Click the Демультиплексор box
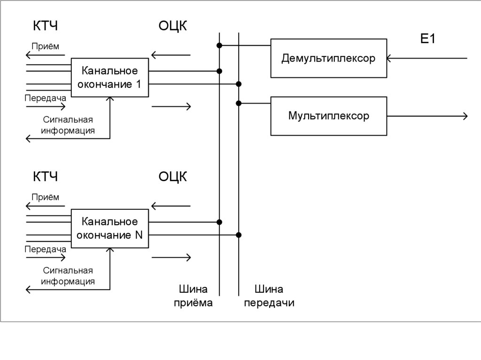coord(329,59)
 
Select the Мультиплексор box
coord(329,116)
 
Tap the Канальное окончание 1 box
coord(109,77)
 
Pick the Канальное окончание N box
coord(109,228)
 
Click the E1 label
coord(428,39)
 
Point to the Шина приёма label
coord(194,296)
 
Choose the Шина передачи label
coord(269,296)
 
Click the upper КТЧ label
coord(45,26)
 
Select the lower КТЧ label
coord(45,177)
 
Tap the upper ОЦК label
coord(172,26)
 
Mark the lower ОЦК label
coord(172,177)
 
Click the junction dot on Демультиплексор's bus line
coord(219,45)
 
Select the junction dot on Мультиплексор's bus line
coord(239,103)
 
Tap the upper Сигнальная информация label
coord(68,125)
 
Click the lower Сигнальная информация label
coord(68,276)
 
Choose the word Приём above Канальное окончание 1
coord(46,46)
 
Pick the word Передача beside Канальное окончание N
coord(46,249)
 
